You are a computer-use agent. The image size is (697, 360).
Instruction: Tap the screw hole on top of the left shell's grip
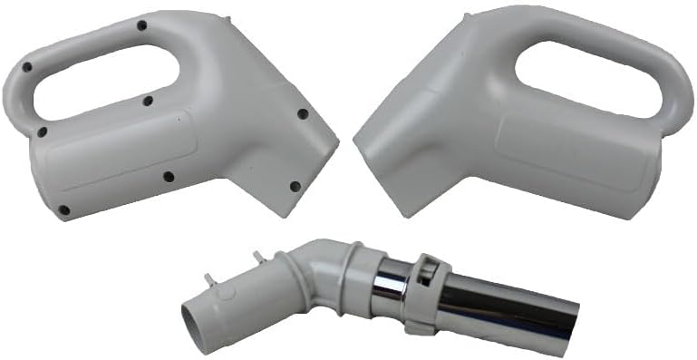(x=141, y=25)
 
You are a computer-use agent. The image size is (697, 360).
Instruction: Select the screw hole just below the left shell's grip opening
(x=147, y=102)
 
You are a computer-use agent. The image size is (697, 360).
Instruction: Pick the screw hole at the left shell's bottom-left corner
(x=63, y=210)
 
